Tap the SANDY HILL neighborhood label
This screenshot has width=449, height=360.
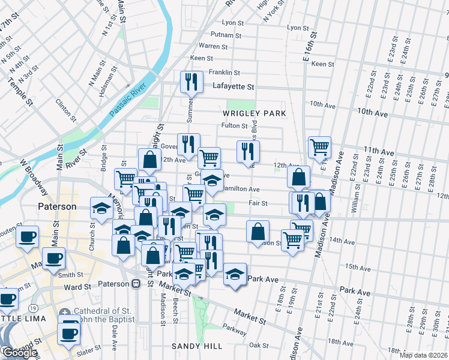click(x=197, y=346)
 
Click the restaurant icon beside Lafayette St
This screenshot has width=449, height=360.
click(x=191, y=81)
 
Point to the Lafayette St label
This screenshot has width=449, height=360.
click(x=234, y=86)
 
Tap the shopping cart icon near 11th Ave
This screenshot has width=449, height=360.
click(x=319, y=146)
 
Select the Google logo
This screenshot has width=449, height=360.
click(x=19, y=353)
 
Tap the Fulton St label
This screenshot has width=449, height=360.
click(x=234, y=125)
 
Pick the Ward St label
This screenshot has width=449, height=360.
click(x=77, y=287)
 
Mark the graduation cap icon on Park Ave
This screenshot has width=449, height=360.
click(x=235, y=274)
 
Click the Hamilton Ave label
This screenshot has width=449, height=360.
click(x=241, y=188)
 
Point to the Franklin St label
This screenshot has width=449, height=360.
click(x=224, y=72)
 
